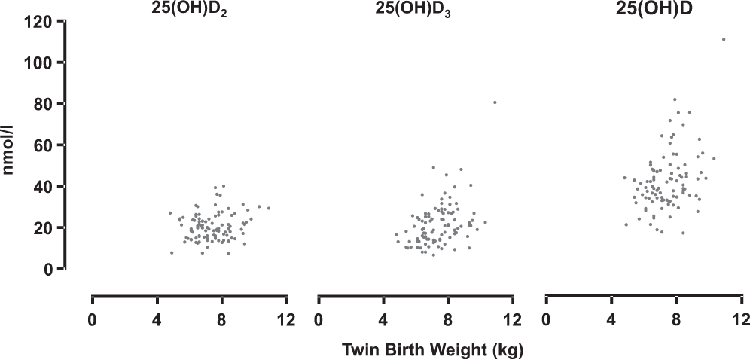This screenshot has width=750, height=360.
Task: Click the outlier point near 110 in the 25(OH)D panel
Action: point(724,39)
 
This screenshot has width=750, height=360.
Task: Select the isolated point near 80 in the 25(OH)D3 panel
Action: point(495,102)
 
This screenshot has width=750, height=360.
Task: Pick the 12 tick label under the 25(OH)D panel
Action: point(741,319)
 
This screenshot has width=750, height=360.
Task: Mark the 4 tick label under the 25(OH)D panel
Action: point(611,319)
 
